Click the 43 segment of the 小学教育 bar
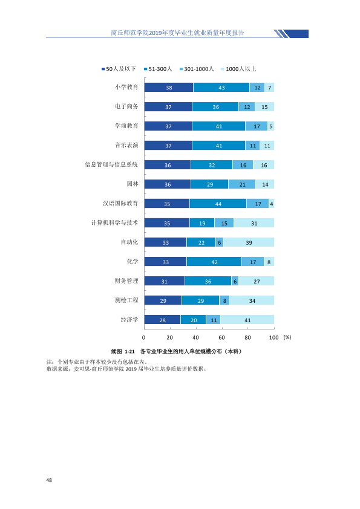click(x=221, y=87)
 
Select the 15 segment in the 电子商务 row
click(x=264, y=107)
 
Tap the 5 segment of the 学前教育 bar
click(x=271, y=126)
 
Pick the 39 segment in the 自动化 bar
click(x=249, y=242)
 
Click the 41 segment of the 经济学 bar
click(x=247, y=320)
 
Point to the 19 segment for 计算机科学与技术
click(x=202, y=223)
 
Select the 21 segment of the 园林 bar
click(x=242, y=184)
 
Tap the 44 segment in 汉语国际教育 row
click(x=218, y=204)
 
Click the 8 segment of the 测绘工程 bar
click(x=224, y=300)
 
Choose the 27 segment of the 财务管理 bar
click(x=257, y=281)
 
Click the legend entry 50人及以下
click(x=119, y=69)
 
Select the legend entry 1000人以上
click(x=238, y=69)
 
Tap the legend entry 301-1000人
click(x=197, y=69)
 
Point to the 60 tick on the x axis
click(x=221, y=337)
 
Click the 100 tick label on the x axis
click(x=274, y=337)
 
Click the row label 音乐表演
click(x=126, y=145)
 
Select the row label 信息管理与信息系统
click(x=111, y=164)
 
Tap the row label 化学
click(x=133, y=261)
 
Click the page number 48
click(x=49, y=480)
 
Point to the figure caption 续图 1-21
click(x=123, y=352)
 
